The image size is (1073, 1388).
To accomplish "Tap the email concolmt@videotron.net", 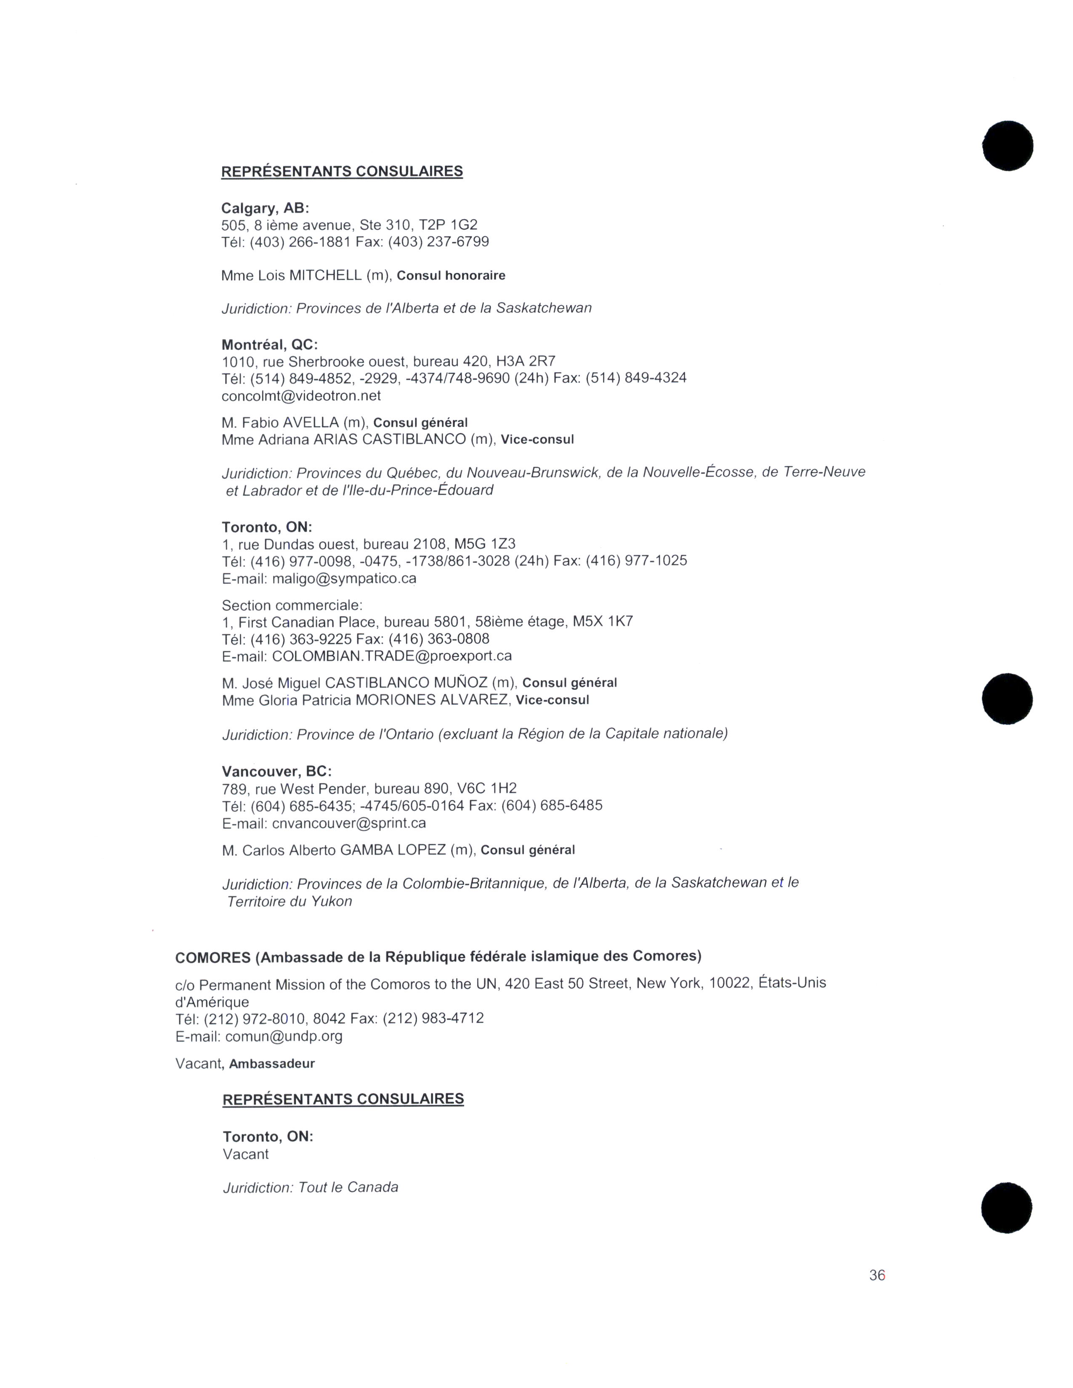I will tap(301, 395).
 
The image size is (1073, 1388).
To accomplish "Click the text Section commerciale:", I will tap(292, 605).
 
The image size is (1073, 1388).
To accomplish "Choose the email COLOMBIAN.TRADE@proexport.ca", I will tap(392, 655).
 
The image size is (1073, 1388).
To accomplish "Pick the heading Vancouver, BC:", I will tap(276, 771).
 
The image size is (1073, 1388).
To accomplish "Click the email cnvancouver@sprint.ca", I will tap(349, 823).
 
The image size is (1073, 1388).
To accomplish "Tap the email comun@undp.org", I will tap(284, 1036).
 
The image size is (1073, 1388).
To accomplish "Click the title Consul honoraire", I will tap(451, 275).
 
